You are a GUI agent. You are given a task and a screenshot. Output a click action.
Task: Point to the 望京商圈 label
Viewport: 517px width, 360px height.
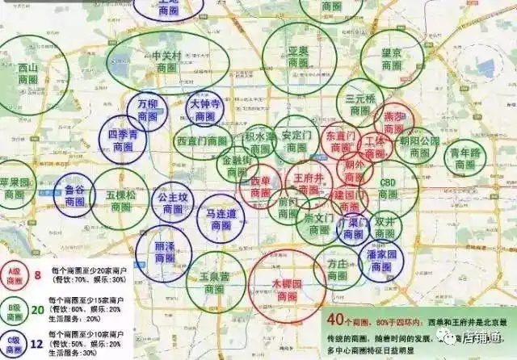(392, 59)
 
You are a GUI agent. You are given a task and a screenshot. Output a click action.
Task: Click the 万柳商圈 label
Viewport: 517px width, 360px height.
(148, 111)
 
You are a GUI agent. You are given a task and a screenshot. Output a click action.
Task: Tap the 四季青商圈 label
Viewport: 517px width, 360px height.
(122, 140)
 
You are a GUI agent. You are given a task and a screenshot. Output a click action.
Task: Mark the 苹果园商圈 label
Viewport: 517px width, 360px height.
(15, 188)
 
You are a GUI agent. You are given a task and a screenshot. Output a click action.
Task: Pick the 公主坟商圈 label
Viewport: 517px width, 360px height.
(172, 203)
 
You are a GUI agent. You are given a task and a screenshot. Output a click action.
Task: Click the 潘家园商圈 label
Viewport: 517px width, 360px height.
(385, 259)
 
